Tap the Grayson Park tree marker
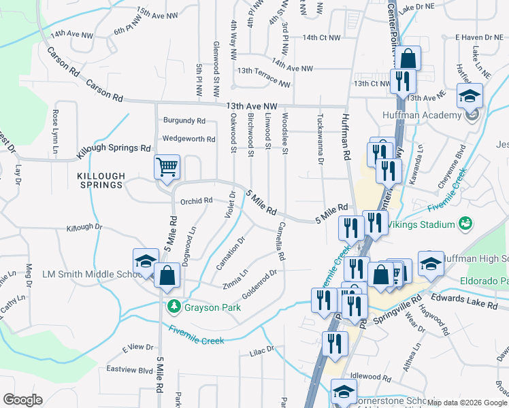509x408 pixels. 174,306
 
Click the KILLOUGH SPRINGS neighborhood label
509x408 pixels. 101,180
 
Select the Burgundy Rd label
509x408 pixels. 184,120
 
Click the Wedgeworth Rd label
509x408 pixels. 188,139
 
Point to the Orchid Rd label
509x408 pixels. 197,201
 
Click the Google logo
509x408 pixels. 22,400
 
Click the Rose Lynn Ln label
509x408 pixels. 56,124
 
